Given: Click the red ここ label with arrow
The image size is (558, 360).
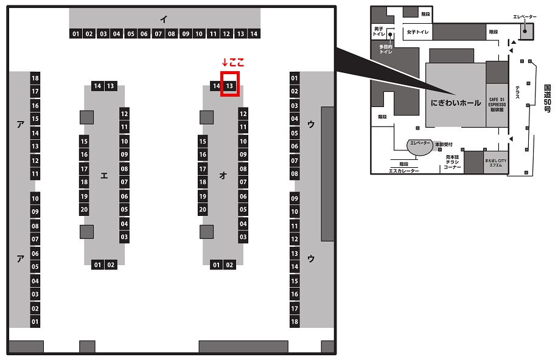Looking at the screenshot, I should (x=233, y=63).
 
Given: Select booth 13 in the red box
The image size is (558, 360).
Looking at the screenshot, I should (x=229, y=86).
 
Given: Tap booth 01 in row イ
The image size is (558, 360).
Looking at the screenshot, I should (x=75, y=33).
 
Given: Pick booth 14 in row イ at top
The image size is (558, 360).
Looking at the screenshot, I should (x=254, y=33).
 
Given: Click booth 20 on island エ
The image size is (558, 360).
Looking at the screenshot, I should (x=85, y=210).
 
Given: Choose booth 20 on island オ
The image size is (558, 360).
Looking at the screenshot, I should (x=203, y=210).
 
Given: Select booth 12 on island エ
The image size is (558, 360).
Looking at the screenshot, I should (x=124, y=114).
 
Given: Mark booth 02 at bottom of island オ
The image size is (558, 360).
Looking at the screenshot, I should (x=229, y=265).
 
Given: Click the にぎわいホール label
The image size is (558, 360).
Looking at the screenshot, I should (x=455, y=102).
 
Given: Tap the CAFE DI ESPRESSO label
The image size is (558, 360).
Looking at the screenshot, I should (x=497, y=102).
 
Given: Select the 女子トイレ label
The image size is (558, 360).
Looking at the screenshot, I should (x=419, y=32).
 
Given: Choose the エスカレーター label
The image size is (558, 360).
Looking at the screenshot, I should (x=403, y=171).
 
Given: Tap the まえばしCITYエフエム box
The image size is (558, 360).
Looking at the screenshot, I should (x=496, y=164).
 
